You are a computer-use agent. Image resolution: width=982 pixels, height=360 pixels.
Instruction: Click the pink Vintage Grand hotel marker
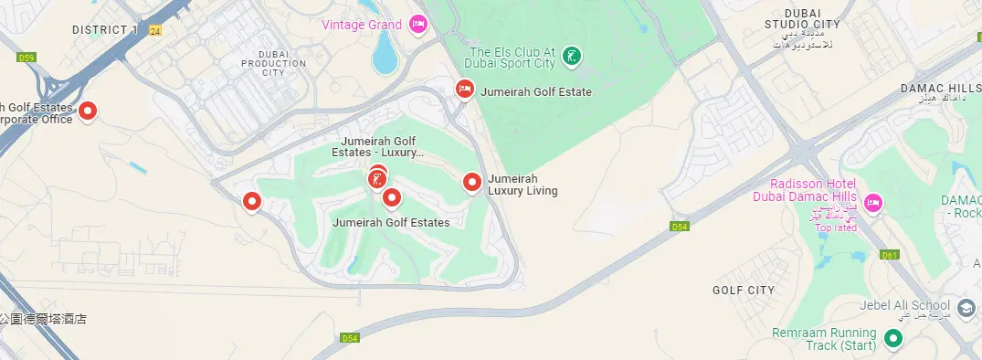[418, 24]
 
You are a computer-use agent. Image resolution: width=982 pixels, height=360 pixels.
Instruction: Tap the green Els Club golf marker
[571, 57]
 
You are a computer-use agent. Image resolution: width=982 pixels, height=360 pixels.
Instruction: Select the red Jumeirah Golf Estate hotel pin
[464, 89]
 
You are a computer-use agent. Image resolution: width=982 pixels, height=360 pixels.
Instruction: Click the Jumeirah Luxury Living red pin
[472, 183]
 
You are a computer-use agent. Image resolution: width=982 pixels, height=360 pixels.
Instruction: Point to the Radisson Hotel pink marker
[872, 202]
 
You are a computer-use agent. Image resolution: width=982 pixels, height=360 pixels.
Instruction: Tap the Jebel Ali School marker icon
[966, 306]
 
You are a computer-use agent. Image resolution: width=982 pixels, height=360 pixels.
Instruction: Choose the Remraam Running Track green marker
[894, 340]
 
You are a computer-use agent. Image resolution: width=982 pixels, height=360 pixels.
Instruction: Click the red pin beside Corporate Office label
[88, 111]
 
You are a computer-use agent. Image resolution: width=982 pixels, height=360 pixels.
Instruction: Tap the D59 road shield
[26, 58]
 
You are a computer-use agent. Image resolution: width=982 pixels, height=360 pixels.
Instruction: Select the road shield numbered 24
[155, 31]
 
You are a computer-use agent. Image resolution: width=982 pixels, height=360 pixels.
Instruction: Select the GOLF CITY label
[743, 291]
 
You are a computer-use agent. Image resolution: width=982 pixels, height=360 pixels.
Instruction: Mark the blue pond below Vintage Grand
[385, 55]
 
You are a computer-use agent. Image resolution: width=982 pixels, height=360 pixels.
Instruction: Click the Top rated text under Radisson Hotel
[836, 228]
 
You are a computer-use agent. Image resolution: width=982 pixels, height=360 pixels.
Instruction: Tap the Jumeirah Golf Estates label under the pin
[391, 222]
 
